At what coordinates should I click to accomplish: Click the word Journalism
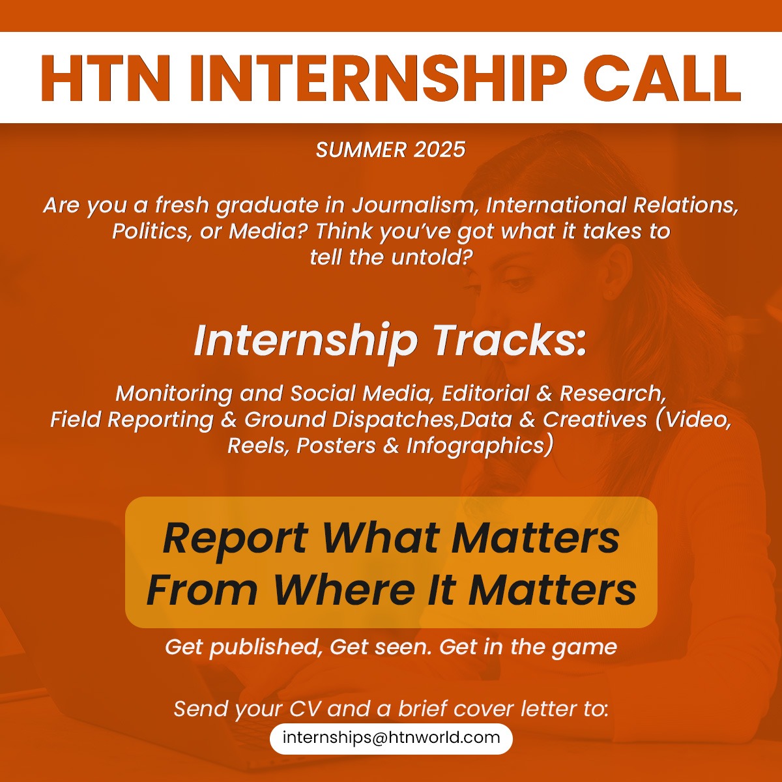(x=415, y=205)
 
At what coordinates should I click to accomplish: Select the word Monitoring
(x=173, y=394)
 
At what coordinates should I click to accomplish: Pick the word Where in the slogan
(x=344, y=590)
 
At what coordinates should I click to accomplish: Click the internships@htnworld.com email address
(x=391, y=738)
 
